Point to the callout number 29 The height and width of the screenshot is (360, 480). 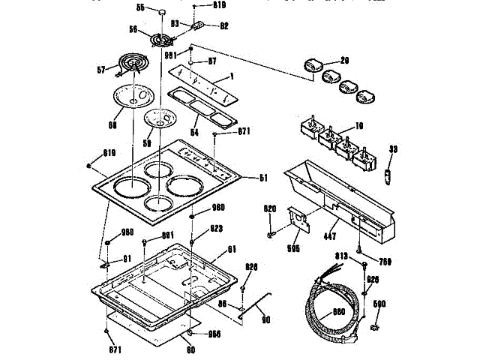click(x=345, y=60)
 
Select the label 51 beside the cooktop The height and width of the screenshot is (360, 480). click(x=263, y=178)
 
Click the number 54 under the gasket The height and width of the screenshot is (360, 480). click(x=195, y=131)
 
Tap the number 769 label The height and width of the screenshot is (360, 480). click(x=385, y=262)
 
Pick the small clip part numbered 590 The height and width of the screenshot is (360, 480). click(x=376, y=328)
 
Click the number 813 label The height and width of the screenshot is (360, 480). click(x=341, y=256)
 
